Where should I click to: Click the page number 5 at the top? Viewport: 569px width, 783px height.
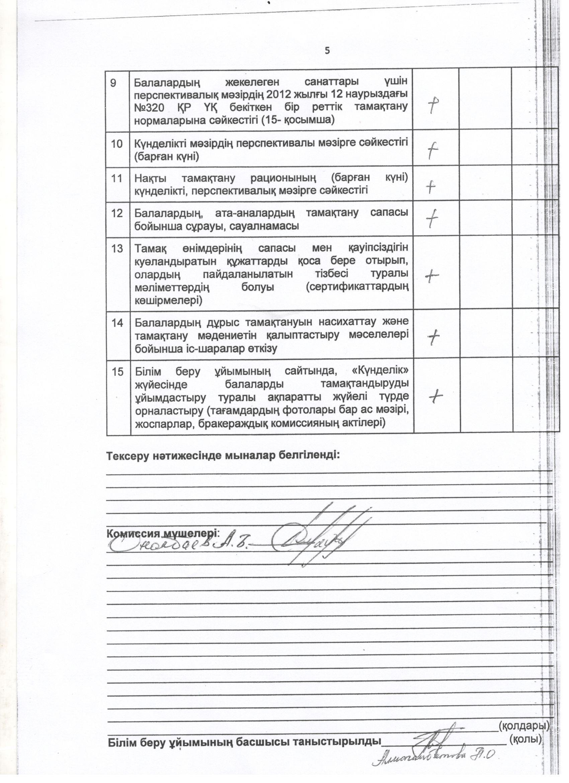(327, 51)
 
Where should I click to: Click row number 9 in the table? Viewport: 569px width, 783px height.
(113, 83)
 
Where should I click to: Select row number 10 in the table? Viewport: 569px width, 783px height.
(117, 144)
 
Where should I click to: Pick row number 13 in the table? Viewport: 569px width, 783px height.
(117, 248)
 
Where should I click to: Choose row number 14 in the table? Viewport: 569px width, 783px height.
(117, 323)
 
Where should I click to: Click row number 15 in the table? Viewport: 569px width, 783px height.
(117, 371)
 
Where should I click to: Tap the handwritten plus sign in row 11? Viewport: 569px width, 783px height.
(431, 187)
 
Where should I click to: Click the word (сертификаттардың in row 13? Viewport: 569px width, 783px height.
(357, 287)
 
